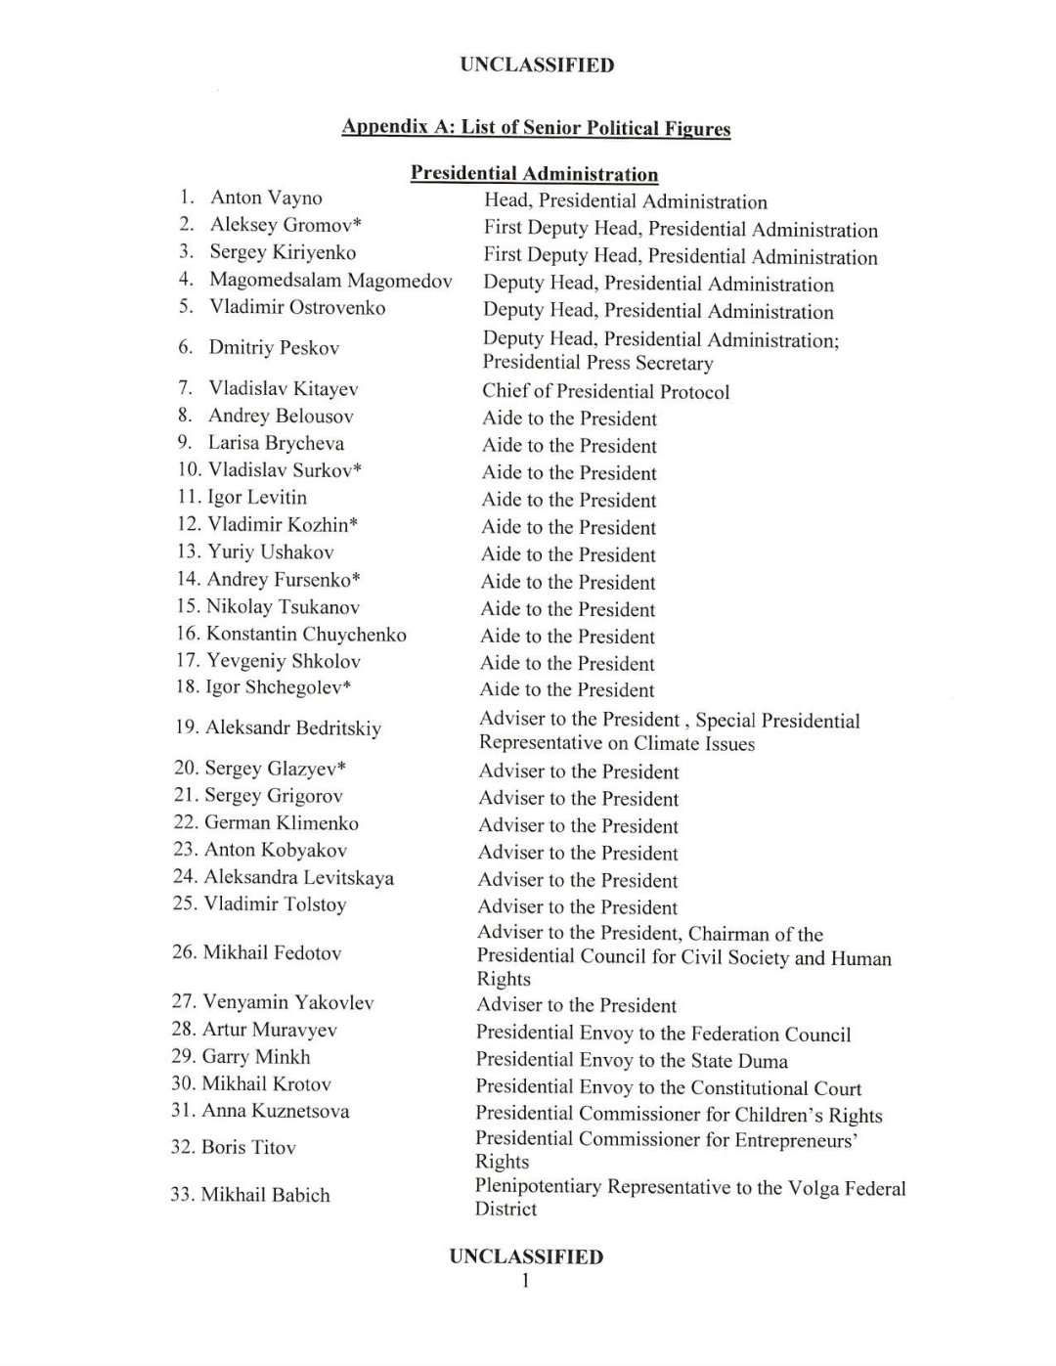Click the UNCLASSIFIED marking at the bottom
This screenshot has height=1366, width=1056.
pyautogui.click(x=526, y=1256)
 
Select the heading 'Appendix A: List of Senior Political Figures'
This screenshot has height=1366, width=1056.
pyautogui.click(x=536, y=128)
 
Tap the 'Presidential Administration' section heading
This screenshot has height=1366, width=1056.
pyautogui.click(x=534, y=174)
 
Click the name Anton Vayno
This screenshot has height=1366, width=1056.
pyautogui.click(x=266, y=198)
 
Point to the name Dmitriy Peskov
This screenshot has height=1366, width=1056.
pyautogui.click(x=274, y=347)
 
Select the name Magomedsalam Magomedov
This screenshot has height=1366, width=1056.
pyautogui.click(x=330, y=281)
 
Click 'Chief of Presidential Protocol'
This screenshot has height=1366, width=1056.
pyautogui.click(x=605, y=392)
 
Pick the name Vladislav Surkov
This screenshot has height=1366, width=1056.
pyautogui.click(x=285, y=470)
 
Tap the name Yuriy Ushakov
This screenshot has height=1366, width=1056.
pyautogui.click(x=271, y=551)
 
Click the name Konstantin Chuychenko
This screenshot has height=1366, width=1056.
pyautogui.click(x=306, y=634)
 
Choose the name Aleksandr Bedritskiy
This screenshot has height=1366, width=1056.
pyautogui.click(x=293, y=727)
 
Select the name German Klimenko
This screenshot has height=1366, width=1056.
pyautogui.click(x=282, y=822)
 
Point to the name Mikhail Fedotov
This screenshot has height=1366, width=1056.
pyautogui.click(x=272, y=951)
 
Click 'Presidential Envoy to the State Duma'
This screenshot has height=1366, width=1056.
pyautogui.click(x=632, y=1061)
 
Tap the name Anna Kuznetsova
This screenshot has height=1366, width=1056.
pyautogui.click(x=276, y=1111)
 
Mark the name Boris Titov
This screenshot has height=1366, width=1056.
pyautogui.click(x=248, y=1147)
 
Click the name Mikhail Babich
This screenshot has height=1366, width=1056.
pyautogui.click(x=265, y=1194)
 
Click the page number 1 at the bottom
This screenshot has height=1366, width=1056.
pyautogui.click(x=526, y=1281)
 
